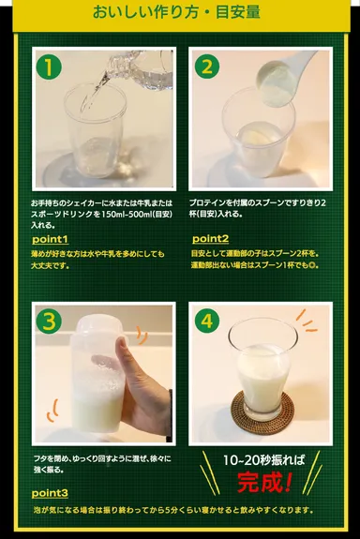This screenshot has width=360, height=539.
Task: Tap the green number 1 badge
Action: pos(49,67)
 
